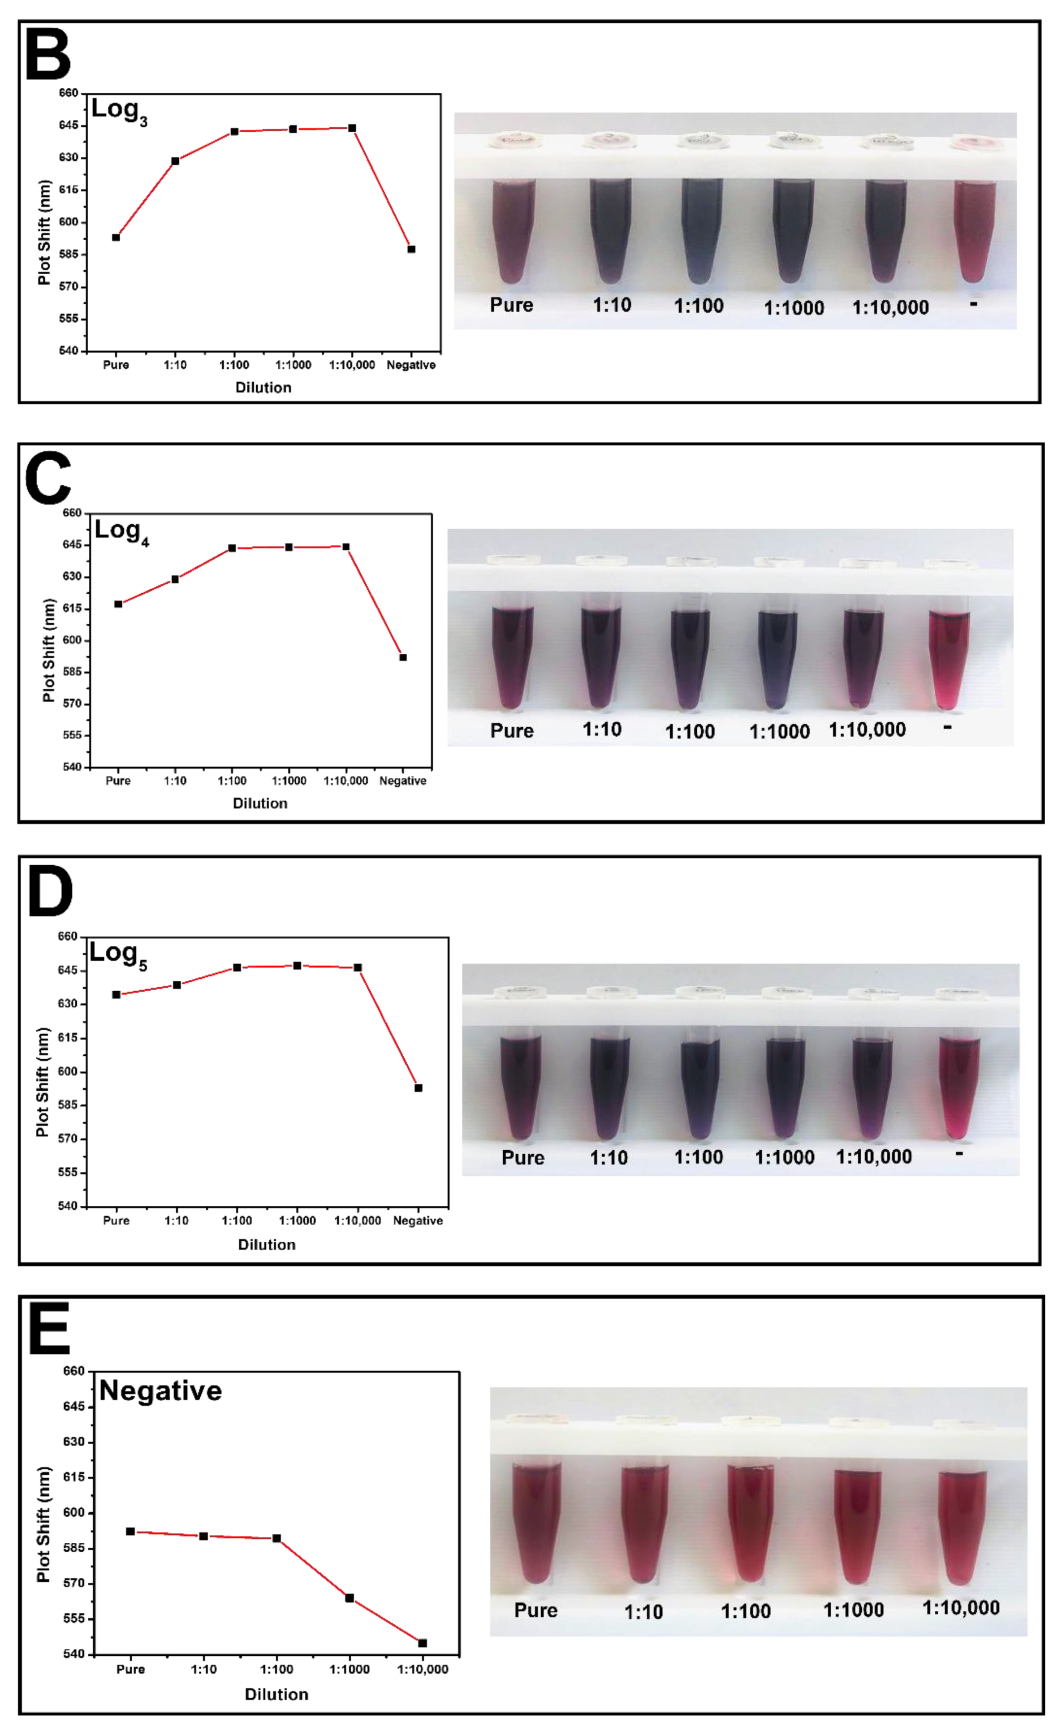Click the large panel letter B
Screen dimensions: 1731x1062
[x=48, y=55]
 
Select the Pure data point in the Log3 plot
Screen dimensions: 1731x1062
[x=116, y=237]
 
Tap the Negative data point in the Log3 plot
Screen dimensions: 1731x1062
[x=412, y=250]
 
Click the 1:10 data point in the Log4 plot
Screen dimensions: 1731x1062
[x=175, y=579]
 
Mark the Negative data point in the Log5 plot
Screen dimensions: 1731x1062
[x=419, y=1088]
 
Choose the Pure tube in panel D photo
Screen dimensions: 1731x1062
[x=520, y=1086]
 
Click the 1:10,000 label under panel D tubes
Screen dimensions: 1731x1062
[x=874, y=1157]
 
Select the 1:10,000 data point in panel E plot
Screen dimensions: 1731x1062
[x=422, y=1643]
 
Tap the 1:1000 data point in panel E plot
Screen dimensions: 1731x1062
[x=349, y=1598]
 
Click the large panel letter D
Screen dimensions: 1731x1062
[x=50, y=892]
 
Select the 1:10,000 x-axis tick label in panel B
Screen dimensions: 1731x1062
[x=352, y=365]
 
